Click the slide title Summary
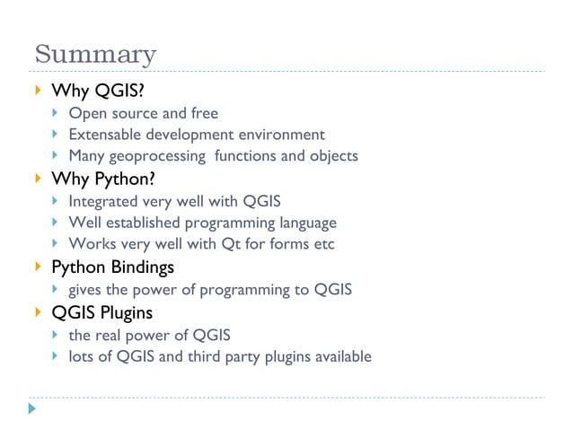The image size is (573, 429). tap(95, 55)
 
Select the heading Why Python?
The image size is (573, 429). tap(103, 179)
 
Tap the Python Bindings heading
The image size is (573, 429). tap(112, 267)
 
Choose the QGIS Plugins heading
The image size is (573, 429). tap(101, 313)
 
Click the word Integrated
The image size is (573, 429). tap(102, 201)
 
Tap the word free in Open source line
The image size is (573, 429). tap(205, 113)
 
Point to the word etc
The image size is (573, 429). tap(322, 244)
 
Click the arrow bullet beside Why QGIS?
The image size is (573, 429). tap(36, 91)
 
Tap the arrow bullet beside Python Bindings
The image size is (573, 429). tap(36, 267)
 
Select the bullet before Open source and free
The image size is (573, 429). tap(56, 113)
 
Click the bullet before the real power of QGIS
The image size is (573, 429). tap(56, 335)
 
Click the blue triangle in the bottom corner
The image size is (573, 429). tap(32, 408)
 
